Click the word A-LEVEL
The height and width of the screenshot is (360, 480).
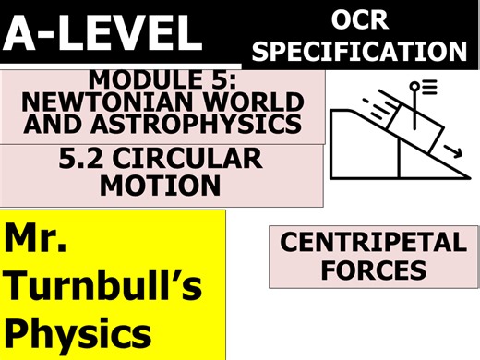[x=103, y=34]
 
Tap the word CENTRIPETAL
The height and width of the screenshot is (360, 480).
[x=373, y=244]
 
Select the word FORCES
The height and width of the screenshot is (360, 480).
[x=373, y=270]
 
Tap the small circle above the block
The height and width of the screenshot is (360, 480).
[x=415, y=85]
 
